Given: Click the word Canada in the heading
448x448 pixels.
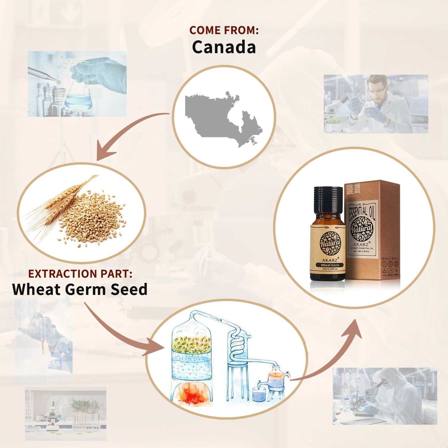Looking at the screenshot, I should (x=224, y=47).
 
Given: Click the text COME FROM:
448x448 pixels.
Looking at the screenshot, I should (x=224, y=30).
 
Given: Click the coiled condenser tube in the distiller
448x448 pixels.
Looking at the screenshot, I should (x=237, y=343).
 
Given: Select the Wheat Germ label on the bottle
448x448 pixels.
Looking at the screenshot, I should (x=330, y=265).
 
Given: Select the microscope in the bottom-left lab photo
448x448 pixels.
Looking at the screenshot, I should (x=52, y=414).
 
